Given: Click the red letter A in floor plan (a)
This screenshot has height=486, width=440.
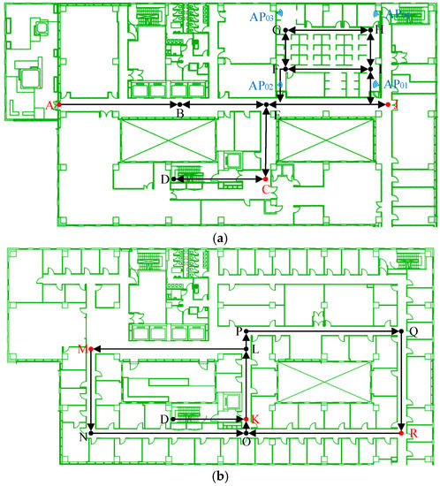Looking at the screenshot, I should click(x=50, y=106).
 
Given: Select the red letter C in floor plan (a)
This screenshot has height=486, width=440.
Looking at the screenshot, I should click(x=264, y=189).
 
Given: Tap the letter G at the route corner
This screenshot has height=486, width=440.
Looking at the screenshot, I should click(x=277, y=30).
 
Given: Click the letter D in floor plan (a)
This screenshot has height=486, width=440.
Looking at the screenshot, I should click(x=164, y=180).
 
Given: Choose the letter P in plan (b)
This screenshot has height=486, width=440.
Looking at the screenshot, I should click(x=238, y=330).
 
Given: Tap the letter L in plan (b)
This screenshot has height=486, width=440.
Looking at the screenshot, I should click(x=255, y=351).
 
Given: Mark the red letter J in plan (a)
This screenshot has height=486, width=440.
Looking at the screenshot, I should click(x=396, y=105).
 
